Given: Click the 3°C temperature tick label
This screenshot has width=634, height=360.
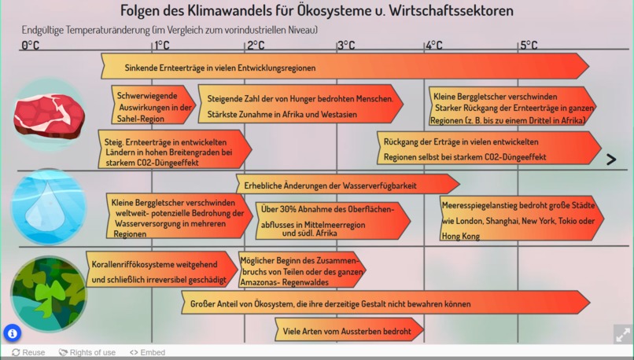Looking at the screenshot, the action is click(x=347, y=46).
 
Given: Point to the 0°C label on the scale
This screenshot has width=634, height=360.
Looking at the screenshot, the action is click(x=31, y=46).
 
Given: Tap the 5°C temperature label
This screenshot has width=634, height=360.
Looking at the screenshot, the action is click(x=529, y=46).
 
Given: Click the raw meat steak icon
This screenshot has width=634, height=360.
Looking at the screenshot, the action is click(x=49, y=116).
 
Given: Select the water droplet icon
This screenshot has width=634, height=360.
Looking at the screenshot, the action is click(x=48, y=207).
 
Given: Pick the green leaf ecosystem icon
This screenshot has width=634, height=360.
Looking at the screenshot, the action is click(x=49, y=294).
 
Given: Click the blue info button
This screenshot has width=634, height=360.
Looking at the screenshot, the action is click(x=13, y=333).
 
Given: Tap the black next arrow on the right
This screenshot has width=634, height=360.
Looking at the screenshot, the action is click(x=611, y=160).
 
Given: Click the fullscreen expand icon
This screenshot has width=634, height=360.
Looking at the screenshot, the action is click(x=623, y=334).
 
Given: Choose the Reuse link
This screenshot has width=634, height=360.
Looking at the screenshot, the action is click(x=28, y=352).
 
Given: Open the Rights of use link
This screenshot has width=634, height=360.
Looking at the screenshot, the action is click(x=87, y=352).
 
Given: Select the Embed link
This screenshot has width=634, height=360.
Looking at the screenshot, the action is click(x=147, y=352).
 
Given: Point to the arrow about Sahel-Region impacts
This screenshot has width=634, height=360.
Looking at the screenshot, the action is click(x=153, y=105).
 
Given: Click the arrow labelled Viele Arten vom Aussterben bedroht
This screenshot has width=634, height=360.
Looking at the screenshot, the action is click(x=349, y=329).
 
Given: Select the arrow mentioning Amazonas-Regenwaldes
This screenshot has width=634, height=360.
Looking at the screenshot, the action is click(x=302, y=270).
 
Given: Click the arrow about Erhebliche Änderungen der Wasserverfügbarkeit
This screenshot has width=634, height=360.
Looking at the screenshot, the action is click(x=348, y=184).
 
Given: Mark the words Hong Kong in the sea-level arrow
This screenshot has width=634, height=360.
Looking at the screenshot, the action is click(x=460, y=236).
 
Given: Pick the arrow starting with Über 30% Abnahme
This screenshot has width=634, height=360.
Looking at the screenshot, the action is click(x=334, y=221).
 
